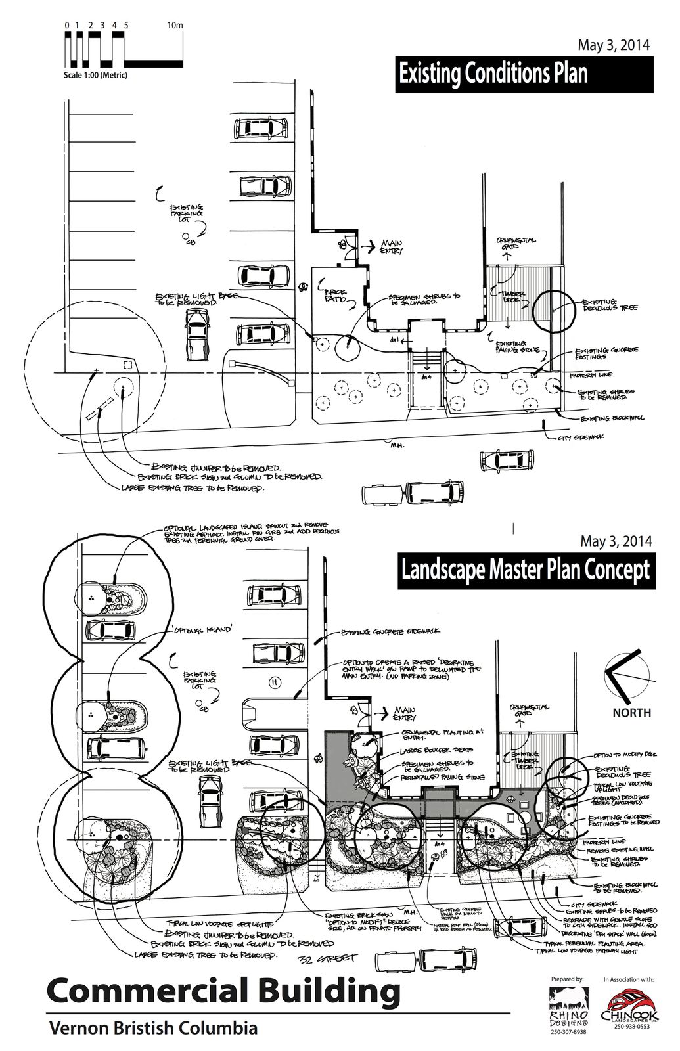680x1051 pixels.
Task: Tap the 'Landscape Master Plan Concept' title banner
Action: [525, 569]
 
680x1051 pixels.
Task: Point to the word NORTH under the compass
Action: [631, 712]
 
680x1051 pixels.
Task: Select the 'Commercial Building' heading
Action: [224, 991]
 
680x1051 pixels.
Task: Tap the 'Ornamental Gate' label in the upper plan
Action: [516, 244]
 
